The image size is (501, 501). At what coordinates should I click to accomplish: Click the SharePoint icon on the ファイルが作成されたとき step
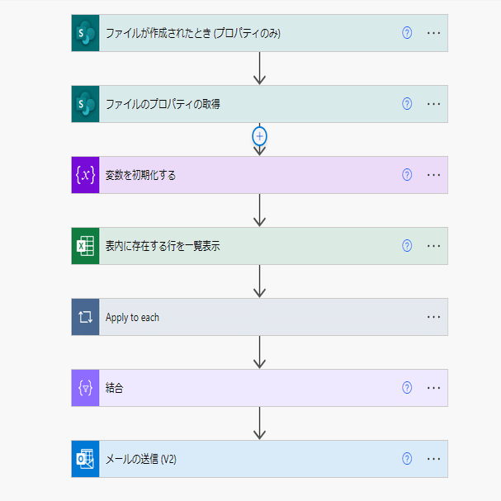(x=85, y=33)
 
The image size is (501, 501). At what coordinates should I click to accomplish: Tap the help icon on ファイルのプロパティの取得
(x=407, y=104)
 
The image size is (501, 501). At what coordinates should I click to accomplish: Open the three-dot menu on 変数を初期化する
(x=433, y=175)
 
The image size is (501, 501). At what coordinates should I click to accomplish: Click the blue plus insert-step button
(x=259, y=136)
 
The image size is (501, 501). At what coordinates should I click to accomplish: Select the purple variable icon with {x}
(x=85, y=175)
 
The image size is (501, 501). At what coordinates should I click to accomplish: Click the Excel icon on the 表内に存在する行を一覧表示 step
(x=85, y=246)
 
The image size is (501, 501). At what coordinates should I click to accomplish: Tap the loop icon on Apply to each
(x=85, y=317)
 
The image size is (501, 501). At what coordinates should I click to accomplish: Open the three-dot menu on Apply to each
(x=433, y=317)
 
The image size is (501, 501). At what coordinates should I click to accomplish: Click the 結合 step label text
(x=115, y=388)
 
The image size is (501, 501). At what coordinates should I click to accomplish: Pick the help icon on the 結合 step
(x=407, y=388)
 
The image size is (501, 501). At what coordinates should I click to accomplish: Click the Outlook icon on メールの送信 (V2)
(x=85, y=459)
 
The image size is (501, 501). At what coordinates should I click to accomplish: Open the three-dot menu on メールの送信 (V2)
(x=433, y=459)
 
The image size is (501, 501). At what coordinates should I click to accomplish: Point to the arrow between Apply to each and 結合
(x=259, y=352)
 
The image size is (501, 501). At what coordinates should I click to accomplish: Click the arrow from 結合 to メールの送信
(x=259, y=423)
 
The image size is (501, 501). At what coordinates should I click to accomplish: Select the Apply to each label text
(x=132, y=317)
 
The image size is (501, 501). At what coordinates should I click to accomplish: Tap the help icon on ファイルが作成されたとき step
(x=407, y=33)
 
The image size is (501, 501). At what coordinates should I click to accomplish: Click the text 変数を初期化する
(x=140, y=175)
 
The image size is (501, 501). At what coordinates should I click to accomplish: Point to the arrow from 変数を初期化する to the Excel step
(x=259, y=210)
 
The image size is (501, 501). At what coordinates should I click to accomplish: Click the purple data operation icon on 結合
(x=85, y=388)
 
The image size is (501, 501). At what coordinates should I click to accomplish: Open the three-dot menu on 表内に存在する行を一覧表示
(x=433, y=246)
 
